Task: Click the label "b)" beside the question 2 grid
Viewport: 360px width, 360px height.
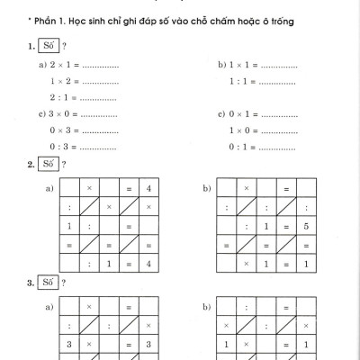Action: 208,188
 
